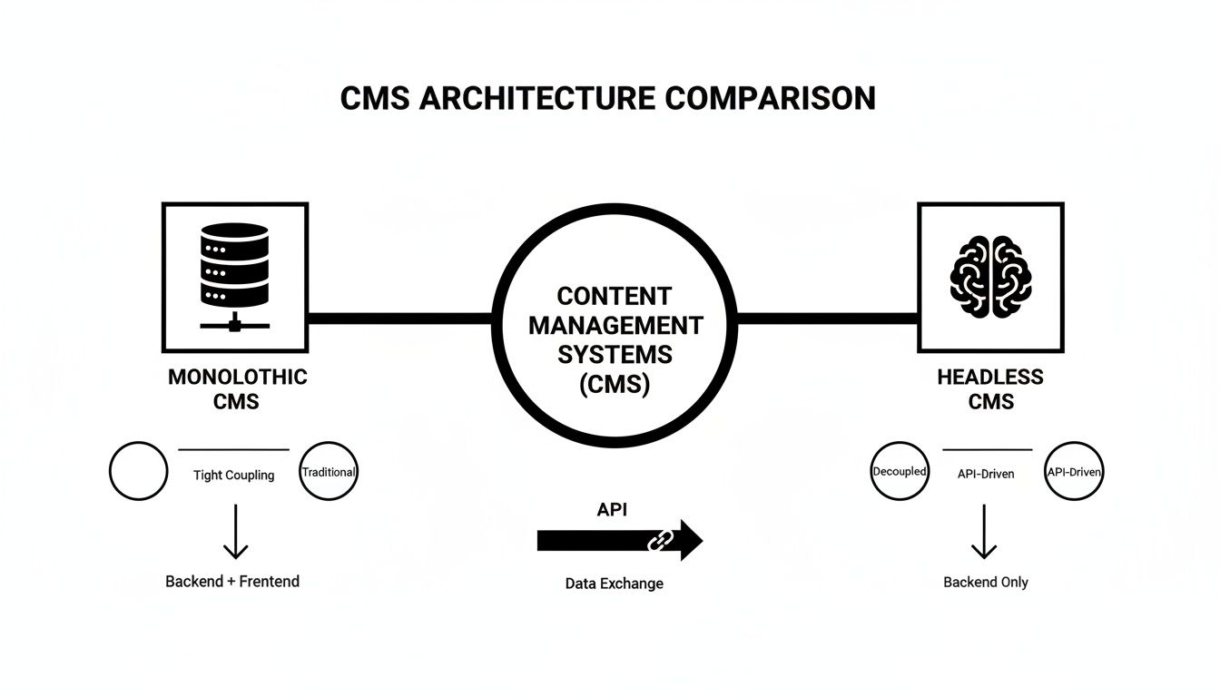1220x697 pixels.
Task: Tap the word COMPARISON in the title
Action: (x=770, y=99)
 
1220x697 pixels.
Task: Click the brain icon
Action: (x=990, y=276)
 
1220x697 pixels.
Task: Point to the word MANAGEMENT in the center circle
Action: (x=615, y=325)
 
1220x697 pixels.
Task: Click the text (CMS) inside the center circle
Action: (x=615, y=384)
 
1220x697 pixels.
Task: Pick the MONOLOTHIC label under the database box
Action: (x=238, y=377)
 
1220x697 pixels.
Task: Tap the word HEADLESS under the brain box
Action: (x=990, y=377)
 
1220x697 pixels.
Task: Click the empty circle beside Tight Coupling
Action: (x=139, y=472)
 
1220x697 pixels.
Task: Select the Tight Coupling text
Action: (x=234, y=475)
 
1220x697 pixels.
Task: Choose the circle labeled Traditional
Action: (x=329, y=472)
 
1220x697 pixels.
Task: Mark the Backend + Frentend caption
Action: (x=232, y=581)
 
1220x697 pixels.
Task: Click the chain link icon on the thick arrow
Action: (x=657, y=542)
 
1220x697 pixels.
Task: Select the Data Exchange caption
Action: (x=615, y=584)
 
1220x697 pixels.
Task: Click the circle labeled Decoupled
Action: (x=900, y=472)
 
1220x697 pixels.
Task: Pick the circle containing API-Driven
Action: (x=1075, y=472)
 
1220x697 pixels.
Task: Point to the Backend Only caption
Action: (x=986, y=582)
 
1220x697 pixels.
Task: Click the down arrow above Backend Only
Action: (x=984, y=533)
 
